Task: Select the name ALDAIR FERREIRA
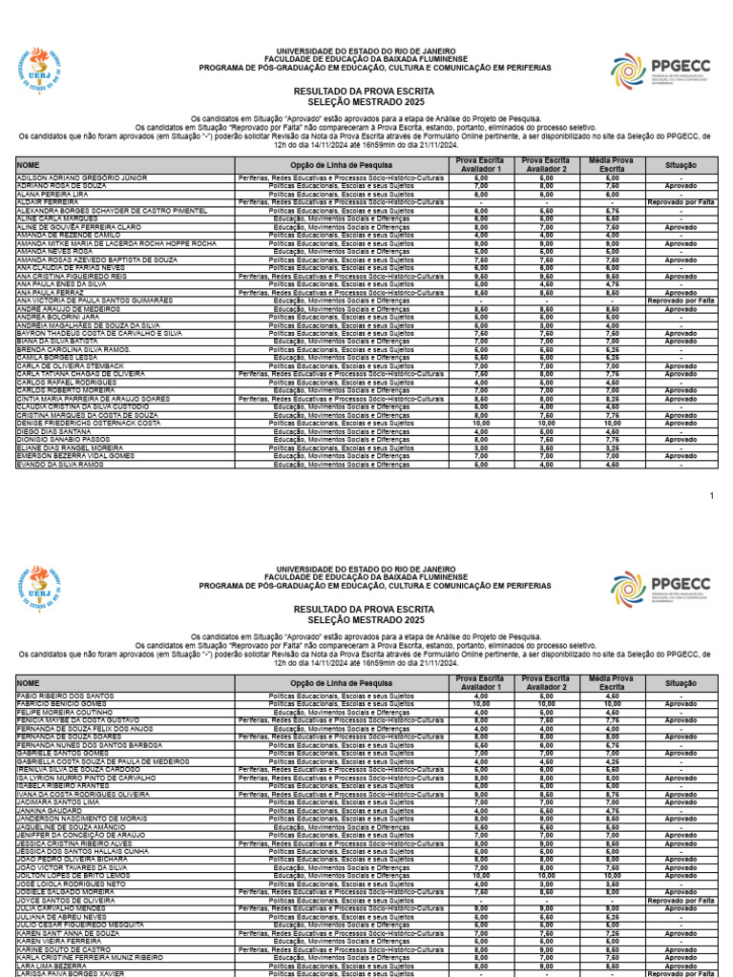48,202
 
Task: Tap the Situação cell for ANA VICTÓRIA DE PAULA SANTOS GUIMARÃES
681,301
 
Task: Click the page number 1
711,496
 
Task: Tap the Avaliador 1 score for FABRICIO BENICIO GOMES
480,702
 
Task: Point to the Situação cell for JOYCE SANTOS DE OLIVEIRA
681,899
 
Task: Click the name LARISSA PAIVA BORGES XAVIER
71,972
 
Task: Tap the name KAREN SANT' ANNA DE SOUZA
68,931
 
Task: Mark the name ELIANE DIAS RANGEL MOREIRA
70,447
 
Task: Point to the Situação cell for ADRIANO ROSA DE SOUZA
681,186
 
